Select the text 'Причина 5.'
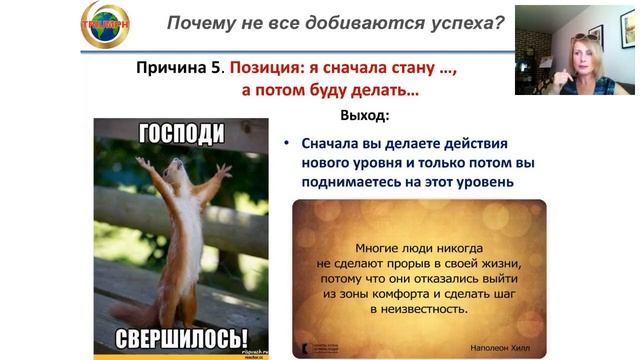pyautogui.click(x=180, y=68)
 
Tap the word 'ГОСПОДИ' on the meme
pyautogui.click(x=180, y=133)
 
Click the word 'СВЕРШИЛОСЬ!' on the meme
pyautogui.click(x=181, y=337)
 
